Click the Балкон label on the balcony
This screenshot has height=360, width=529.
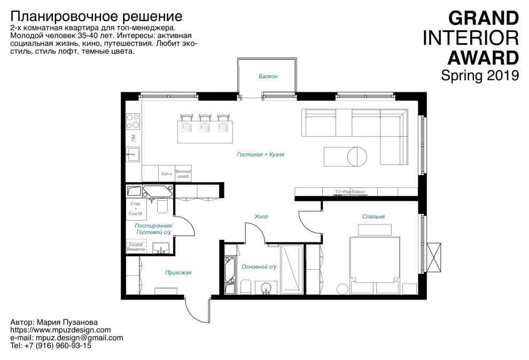268,76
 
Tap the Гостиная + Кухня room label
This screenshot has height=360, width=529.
260,154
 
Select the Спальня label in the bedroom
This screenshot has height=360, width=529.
373,216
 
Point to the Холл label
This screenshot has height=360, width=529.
261,216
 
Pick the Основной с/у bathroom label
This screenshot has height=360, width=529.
259,267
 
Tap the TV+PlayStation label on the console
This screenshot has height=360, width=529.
349,191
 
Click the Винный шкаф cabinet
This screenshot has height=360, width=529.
183,174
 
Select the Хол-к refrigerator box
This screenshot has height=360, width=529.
166,174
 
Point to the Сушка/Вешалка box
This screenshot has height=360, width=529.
135,246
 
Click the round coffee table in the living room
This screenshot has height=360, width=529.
357,156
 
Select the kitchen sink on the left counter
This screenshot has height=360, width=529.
133,154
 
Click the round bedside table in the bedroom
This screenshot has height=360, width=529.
341,289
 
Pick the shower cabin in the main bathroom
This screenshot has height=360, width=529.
292,269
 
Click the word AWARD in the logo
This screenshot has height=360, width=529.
483,57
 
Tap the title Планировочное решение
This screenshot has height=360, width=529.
96,15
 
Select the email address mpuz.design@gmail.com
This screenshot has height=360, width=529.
79,338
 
